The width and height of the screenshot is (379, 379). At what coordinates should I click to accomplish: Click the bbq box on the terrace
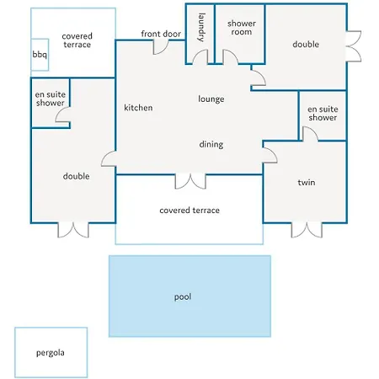40,55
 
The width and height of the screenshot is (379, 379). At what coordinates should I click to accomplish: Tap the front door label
161,34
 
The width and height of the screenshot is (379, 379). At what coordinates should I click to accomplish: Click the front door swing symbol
161,47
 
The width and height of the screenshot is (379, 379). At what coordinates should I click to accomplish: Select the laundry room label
201,27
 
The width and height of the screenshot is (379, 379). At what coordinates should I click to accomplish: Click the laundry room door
200,56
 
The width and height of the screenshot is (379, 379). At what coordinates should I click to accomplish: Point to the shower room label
242,28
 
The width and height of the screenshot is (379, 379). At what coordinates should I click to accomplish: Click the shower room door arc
231,57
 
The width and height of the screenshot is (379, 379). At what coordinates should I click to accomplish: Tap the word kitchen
138,108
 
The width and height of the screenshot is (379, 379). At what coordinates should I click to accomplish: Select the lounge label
211,99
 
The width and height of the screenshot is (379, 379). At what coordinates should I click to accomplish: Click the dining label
211,144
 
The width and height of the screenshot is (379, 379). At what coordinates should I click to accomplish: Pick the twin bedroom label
307,183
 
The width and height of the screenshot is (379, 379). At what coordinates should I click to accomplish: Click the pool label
183,296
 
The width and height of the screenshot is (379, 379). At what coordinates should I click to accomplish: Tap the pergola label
51,353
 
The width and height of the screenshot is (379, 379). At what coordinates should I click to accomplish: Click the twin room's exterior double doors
307,230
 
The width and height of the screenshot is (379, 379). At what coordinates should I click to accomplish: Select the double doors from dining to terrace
190,181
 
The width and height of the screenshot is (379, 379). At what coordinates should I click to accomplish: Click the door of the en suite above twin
310,134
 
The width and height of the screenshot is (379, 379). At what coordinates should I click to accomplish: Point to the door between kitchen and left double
109,158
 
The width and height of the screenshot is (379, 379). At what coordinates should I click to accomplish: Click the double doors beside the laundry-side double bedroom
354,46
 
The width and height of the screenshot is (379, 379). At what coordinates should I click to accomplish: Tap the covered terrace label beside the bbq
77,40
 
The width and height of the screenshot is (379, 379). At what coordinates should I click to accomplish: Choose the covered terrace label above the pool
189,211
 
